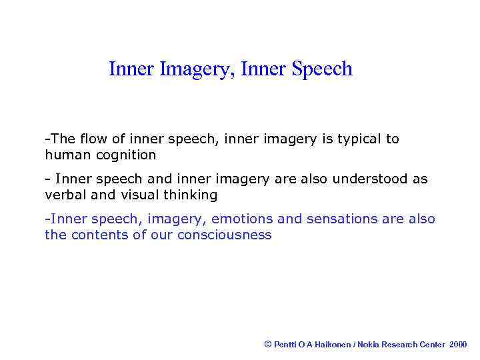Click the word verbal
pos(65,195)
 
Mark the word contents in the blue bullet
pos(99,235)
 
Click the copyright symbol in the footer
pos(268,344)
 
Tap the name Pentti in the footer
pos(285,345)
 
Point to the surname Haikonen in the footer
pos(331,345)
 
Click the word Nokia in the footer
pos(370,345)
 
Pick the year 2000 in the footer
pos(459,345)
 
